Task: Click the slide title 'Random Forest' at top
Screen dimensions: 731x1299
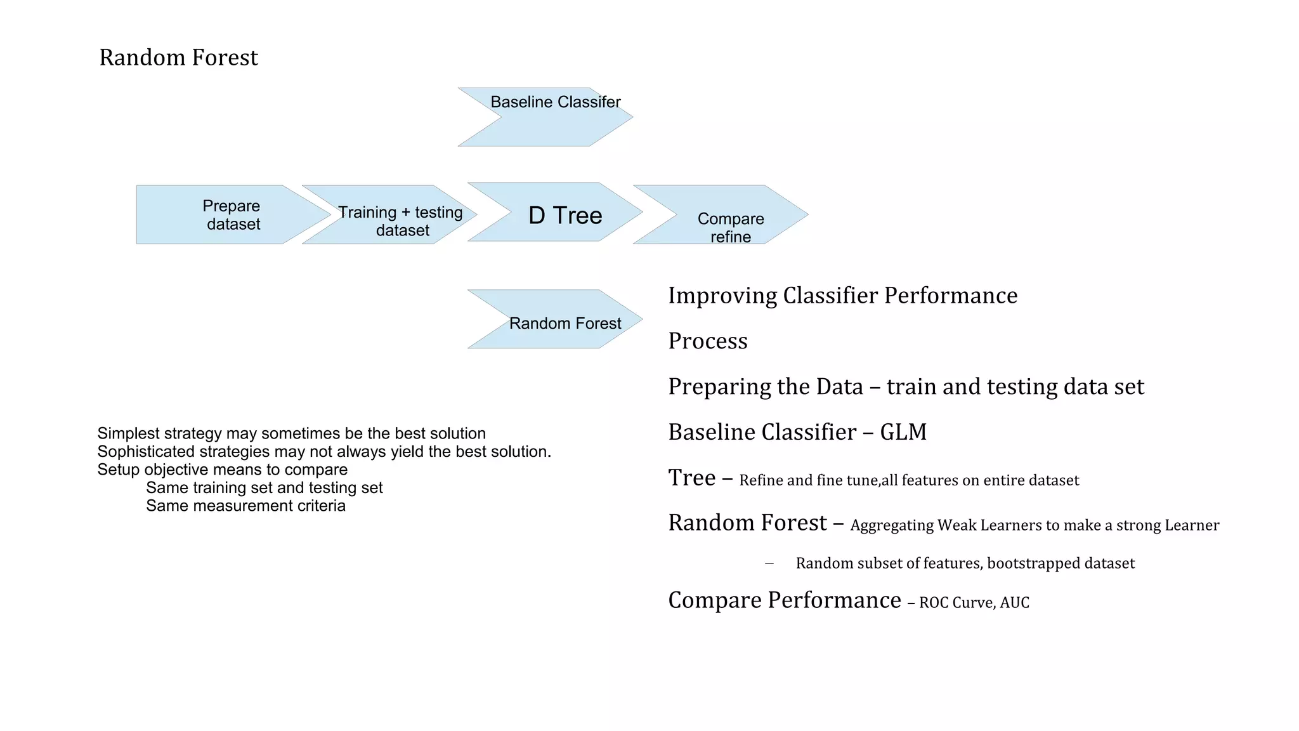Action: [178, 58]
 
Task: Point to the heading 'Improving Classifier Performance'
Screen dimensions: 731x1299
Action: [842, 296]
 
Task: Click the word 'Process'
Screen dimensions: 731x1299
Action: [708, 341]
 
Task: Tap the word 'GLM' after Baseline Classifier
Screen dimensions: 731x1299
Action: [903, 432]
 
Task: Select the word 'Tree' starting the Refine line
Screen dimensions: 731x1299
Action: [691, 478]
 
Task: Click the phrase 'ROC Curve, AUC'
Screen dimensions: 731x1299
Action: [974, 602]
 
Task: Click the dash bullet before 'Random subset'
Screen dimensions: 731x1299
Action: [769, 563]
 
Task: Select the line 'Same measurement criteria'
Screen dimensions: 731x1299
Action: [245, 506]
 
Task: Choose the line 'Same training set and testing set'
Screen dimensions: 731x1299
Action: [264, 488]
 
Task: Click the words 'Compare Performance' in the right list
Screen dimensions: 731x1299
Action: [784, 600]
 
